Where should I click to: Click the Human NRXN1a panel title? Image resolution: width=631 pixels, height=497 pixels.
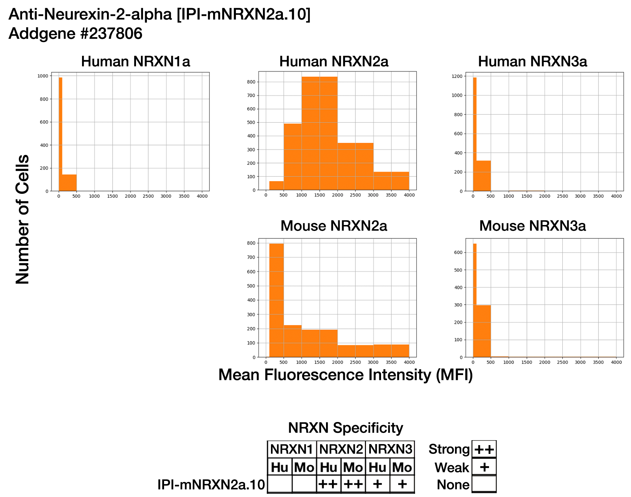135,62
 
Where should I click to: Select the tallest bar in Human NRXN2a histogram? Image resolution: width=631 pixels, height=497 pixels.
319,133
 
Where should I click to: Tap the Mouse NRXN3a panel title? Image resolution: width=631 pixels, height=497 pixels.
532,226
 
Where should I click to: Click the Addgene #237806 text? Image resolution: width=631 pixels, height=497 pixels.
75,34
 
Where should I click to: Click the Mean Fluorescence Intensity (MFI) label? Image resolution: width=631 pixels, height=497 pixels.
345,375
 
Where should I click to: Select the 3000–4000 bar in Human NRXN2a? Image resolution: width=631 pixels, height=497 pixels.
391,181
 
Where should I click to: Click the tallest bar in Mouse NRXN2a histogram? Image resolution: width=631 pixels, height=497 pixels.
277,300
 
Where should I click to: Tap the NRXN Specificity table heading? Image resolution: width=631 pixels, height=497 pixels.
345,428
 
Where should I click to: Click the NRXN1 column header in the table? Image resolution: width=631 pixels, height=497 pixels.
292,449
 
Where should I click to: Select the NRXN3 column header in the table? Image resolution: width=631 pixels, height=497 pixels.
390,449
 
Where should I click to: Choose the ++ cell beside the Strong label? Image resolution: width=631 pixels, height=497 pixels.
484,449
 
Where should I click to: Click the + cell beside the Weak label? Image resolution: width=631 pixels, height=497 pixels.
484,467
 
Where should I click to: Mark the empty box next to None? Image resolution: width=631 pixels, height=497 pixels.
484,484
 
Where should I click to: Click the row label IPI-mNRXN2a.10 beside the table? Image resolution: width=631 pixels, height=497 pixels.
211,485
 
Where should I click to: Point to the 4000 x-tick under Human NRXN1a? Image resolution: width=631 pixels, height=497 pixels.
202,196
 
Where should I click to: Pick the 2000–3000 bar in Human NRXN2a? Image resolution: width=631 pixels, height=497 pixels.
355,166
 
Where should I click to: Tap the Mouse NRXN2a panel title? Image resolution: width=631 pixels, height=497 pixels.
334,226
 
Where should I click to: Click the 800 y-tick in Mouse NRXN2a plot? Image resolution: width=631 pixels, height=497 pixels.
251,243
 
